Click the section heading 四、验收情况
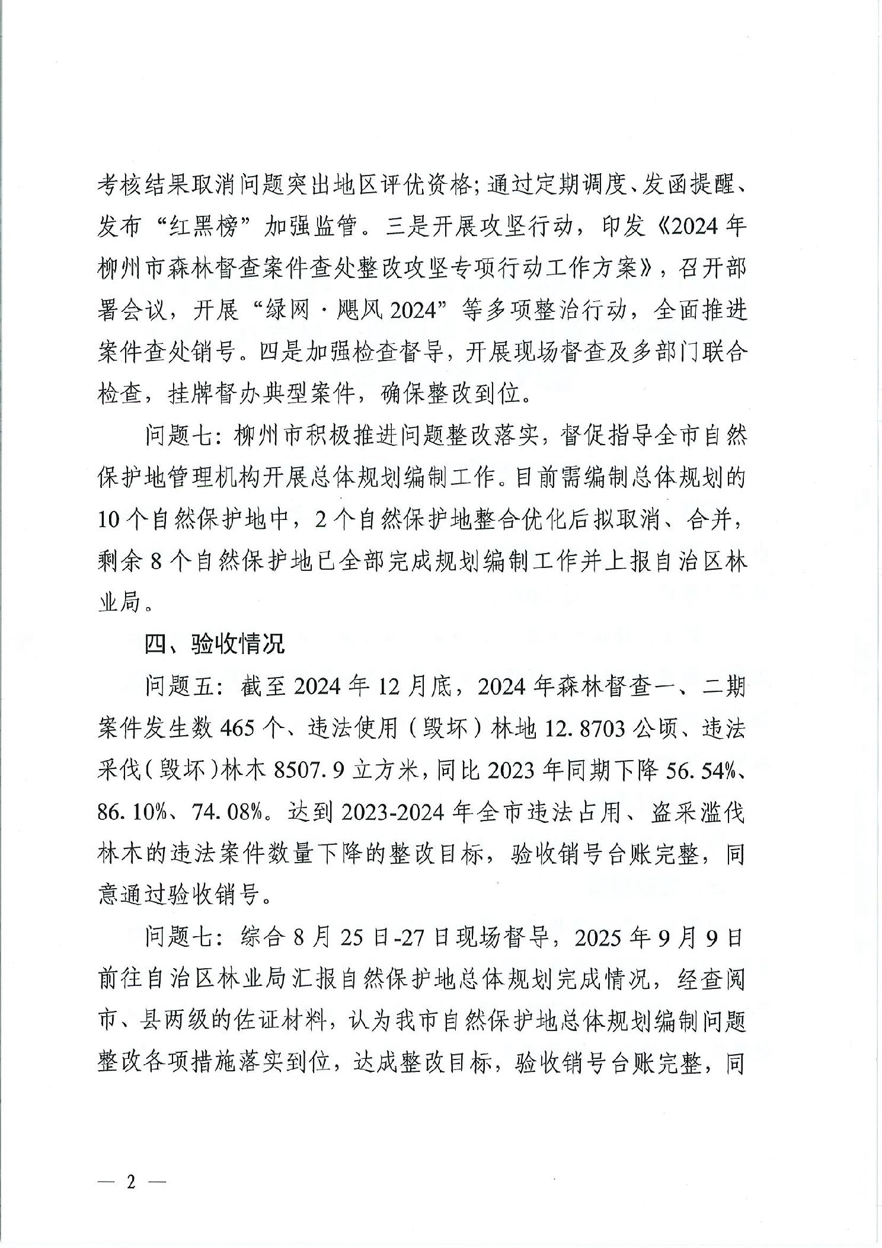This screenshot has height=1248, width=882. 215,644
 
